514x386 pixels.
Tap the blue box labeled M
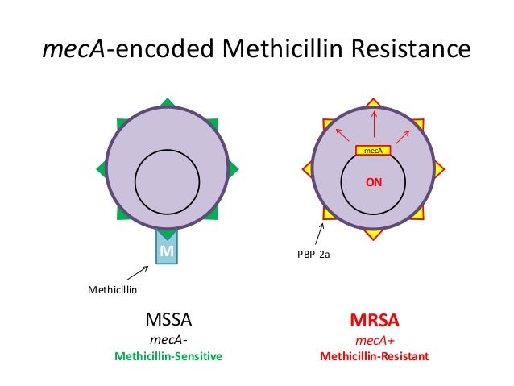pos(167,251)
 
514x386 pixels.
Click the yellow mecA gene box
pos(373,151)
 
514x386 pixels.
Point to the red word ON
pos(374,182)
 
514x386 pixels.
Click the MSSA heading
pos(168,320)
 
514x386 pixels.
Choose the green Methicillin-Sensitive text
pos(168,355)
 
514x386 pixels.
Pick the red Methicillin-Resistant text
pos(374,355)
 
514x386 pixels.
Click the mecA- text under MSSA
pos(168,339)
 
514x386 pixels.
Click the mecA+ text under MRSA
pos(373,339)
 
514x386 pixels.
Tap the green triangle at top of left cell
pos(168,102)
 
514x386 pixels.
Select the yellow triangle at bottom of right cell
pos(373,235)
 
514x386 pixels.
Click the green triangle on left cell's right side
pos(234,168)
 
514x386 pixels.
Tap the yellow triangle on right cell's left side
pos(307,168)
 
